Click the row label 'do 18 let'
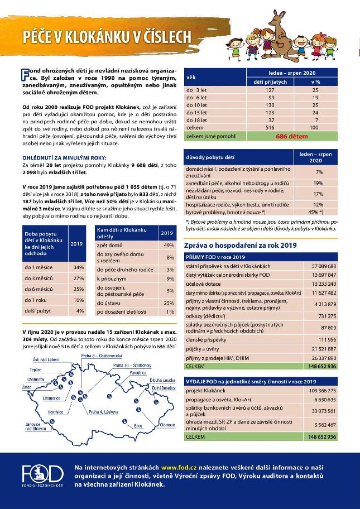click(197, 120)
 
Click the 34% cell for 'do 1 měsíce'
click(79, 267)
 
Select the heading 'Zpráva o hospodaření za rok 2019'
click(240, 245)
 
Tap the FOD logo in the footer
click(42, 476)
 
